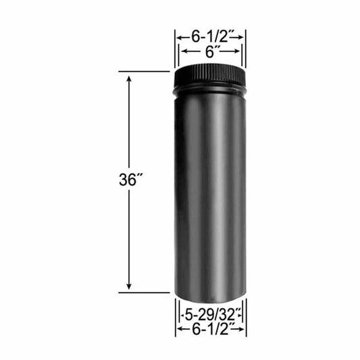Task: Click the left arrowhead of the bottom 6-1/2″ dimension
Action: coord(178,330)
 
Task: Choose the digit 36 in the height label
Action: coord(125,180)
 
